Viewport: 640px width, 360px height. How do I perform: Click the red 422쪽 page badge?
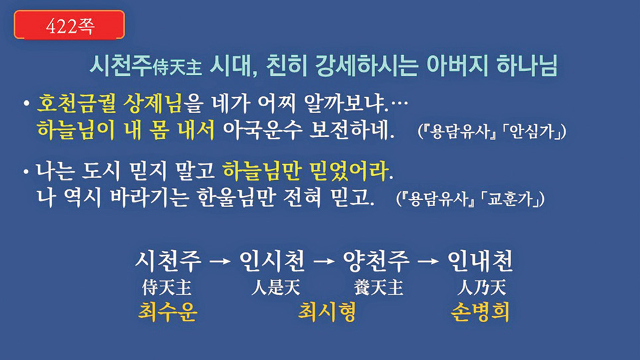point(69,25)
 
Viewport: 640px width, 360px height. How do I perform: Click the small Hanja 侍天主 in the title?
point(177,67)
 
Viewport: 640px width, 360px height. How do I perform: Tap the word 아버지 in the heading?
point(456,65)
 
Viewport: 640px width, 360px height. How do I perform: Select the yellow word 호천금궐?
point(77,103)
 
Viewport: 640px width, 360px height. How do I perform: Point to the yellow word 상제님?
point(153,103)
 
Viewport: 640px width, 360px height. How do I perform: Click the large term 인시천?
point(272,261)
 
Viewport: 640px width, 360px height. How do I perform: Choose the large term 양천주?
point(376,261)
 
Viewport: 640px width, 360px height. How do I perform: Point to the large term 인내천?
point(480,261)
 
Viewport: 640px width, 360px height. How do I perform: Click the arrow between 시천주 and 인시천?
point(220,261)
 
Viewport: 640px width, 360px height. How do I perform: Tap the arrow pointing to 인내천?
point(428,261)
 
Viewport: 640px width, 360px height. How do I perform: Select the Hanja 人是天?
point(276,288)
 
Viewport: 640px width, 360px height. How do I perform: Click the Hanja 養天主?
point(378,288)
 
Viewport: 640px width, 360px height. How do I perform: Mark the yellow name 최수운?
point(168,312)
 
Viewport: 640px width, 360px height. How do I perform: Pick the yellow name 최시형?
point(327,312)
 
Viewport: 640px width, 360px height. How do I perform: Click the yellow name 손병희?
point(480,312)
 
